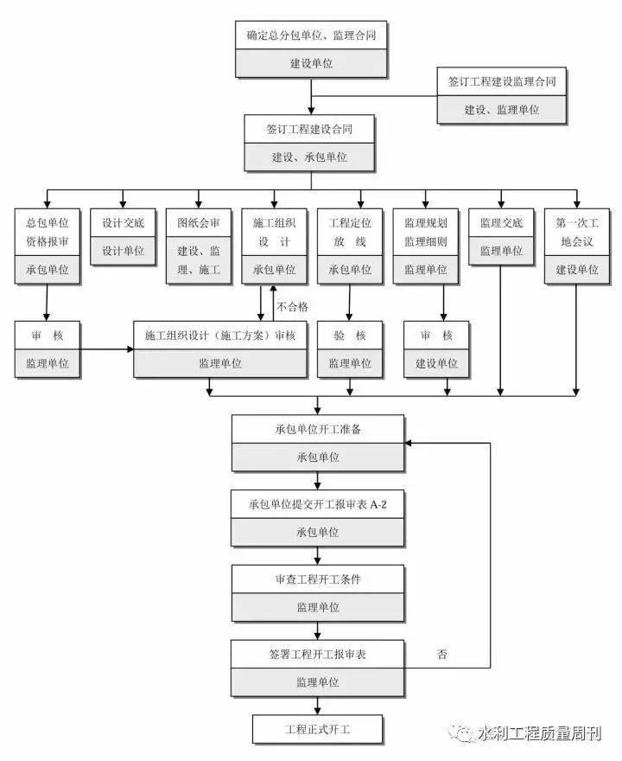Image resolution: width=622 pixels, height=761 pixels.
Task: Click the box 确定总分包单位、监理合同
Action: pyautogui.click(x=311, y=49)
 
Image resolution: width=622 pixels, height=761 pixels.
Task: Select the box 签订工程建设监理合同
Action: pyautogui.click(x=502, y=96)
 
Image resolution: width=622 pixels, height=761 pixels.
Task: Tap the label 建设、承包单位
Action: pyautogui.click(x=309, y=157)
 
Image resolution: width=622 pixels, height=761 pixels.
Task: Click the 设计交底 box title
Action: pyautogui.click(x=124, y=223)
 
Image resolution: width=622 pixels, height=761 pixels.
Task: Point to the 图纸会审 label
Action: pyautogui.click(x=199, y=223)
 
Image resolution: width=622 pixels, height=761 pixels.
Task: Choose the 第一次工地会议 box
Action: pyautogui.click(x=577, y=246)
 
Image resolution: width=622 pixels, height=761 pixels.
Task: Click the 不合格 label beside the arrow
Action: pyautogui.click(x=292, y=307)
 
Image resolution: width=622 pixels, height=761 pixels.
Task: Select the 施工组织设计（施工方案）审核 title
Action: pyautogui.click(x=220, y=336)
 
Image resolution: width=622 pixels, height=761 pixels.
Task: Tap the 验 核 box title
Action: pyautogui.click(x=350, y=336)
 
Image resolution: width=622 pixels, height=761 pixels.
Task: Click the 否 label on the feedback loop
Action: pyautogui.click(x=442, y=655)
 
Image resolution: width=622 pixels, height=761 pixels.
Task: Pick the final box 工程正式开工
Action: pyautogui.click(x=318, y=730)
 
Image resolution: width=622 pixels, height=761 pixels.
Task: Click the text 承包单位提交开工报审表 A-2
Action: pyautogui.click(x=318, y=505)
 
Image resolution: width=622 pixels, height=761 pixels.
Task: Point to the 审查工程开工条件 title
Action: pyautogui.click(x=318, y=579)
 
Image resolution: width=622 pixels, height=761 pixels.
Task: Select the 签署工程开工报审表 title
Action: pyautogui.click(x=318, y=655)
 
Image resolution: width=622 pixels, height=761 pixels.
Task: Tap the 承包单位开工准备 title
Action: pyautogui.click(x=318, y=429)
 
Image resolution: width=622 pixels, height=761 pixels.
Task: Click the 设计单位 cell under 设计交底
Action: pyautogui.click(x=124, y=251)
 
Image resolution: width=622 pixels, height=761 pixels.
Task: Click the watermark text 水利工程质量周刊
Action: pyautogui.click(x=539, y=733)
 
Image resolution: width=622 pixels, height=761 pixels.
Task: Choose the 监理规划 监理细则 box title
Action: pyautogui.click(x=426, y=232)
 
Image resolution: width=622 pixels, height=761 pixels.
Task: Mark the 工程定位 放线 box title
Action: pyautogui.click(x=350, y=232)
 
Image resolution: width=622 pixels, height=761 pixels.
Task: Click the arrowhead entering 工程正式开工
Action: pyautogui.click(x=318, y=710)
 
